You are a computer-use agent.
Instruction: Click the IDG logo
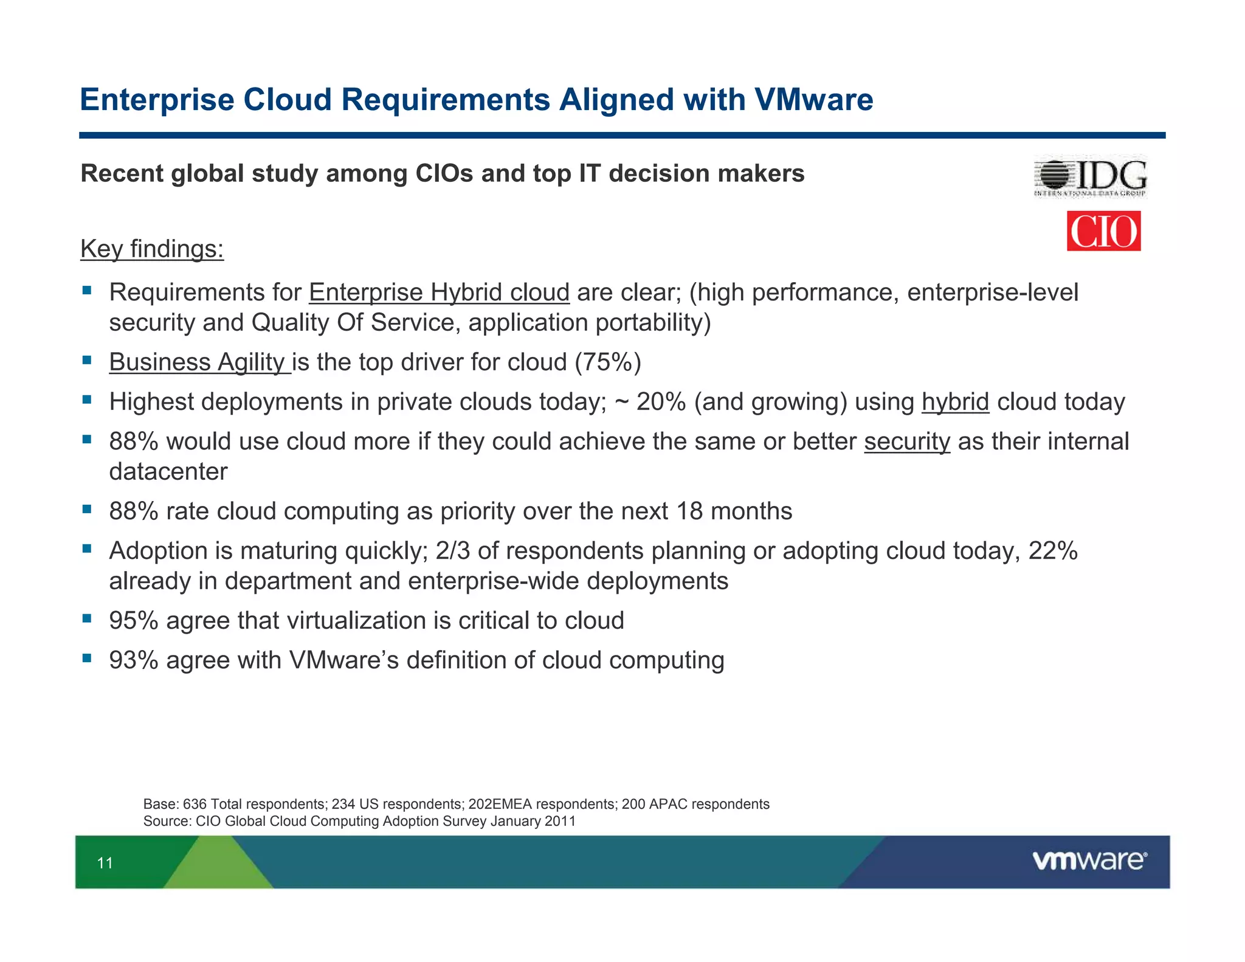click(x=1091, y=177)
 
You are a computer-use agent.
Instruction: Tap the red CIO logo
click(x=1103, y=231)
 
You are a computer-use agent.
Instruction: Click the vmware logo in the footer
click(x=1089, y=860)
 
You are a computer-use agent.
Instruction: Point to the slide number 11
click(x=105, y=863)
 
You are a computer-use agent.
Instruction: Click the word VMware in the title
click(x=813, y=100)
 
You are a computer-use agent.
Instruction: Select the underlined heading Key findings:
click(x=152, y=249)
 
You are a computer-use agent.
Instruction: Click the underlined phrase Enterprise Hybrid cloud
click(x=439, y=292)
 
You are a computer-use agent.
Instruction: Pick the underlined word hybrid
click(x=955, y=402)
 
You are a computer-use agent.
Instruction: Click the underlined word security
click(x=906, y=441)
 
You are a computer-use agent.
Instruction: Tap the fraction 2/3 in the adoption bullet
click(x=453, y=551)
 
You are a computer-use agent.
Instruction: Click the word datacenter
click(x=168, y=472)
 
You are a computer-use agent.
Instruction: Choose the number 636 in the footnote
click(x=195, y=804)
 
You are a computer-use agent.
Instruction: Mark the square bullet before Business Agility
click(x=87, y=360)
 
